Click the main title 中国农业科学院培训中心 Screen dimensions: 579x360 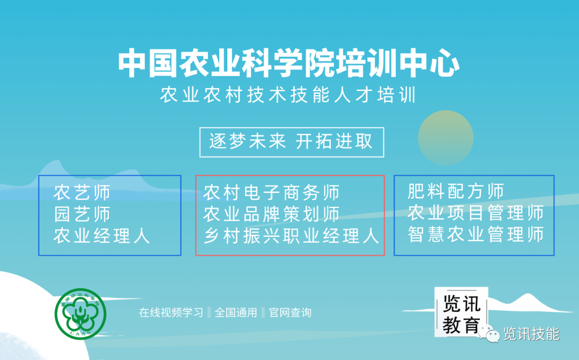(x=289, y=63)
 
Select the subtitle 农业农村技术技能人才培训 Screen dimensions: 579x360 (x=288, y=95)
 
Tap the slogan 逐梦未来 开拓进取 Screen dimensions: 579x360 (x=291, y=141)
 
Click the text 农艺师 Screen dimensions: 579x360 (x=82, y=192)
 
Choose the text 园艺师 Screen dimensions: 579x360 (x=82, y=214)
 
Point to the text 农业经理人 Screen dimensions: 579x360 (x=101, y=236)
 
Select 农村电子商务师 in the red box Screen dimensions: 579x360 (x=271, y=192)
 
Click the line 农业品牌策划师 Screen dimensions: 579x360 (x=271, y=214)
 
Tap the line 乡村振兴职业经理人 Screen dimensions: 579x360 (x=291, y=236)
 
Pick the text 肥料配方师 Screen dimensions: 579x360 (x=456, y=191)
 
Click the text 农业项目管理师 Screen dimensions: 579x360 (x=476, y=213)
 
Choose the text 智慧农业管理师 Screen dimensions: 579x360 (x=476, y=234)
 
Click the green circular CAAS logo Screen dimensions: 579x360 (x=80, y=313)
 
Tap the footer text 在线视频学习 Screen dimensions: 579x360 (x=171, y=313)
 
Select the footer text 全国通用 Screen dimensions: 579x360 (x=235, y=313)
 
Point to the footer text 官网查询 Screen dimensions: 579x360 (x=290, y=313)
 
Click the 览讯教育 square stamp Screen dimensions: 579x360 (x=461, y=312)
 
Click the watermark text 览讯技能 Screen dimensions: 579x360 (x=531, y=334)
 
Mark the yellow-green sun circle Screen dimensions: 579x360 (x=446, y=138)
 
